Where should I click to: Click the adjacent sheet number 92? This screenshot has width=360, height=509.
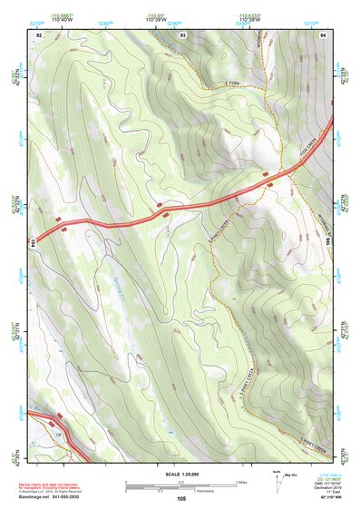coord(39,34)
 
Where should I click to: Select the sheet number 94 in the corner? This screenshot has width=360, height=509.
coord(324,34)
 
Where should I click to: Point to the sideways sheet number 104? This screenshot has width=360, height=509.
coord(34,242)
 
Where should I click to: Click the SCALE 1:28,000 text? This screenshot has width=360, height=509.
coord(180,474)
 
